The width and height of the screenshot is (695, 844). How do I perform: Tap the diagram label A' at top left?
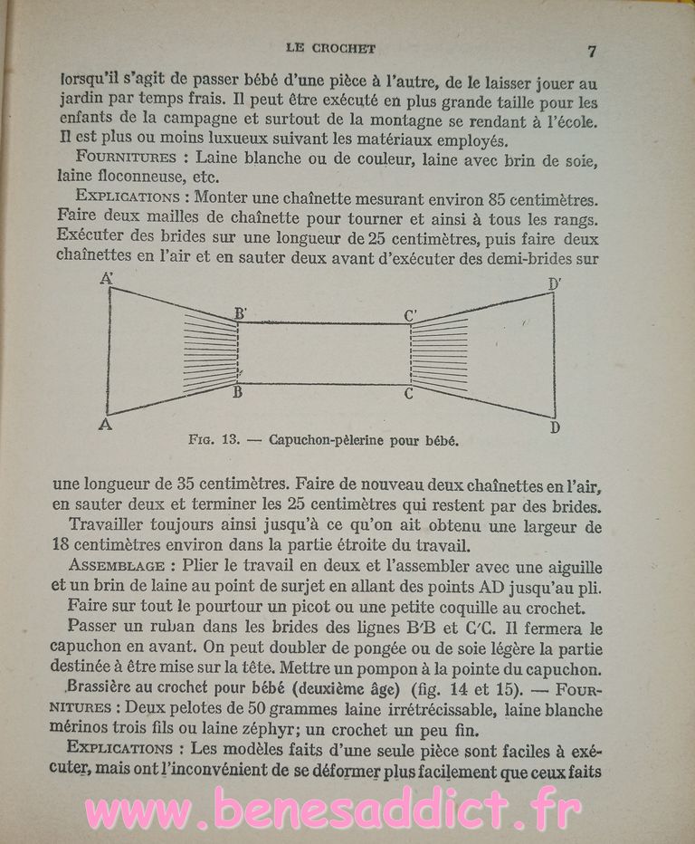click(106, 280)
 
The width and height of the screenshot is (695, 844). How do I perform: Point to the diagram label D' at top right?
click(555, 284)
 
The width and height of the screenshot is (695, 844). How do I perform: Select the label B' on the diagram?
click(241, 313)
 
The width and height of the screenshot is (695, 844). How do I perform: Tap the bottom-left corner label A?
click(105, 424)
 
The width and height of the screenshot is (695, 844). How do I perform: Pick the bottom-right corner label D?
click(555, 427)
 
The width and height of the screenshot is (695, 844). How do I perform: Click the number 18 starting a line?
click(63, 544)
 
